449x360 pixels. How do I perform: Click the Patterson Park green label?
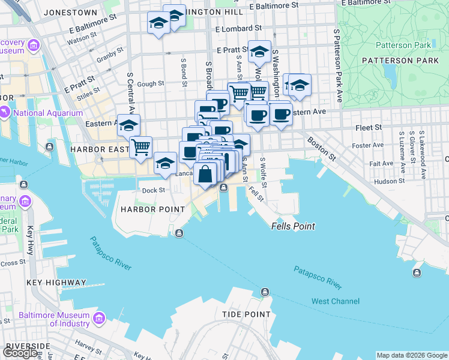pyautogui.click(x=403, y=45)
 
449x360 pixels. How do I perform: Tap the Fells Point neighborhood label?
pyautogui.click(x=293, y=227)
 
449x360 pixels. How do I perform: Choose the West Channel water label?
pyautogui.click(x=336, y=301)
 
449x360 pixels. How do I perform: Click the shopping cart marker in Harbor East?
pyautogui.click(x=140, y=146)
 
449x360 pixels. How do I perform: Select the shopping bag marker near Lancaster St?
pyautogui.click(x=205, y=173)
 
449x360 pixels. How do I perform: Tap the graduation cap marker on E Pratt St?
pyautogui.click(x=259, y=52)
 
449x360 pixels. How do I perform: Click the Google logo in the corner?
pyautogui.click(x=20, y=353)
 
